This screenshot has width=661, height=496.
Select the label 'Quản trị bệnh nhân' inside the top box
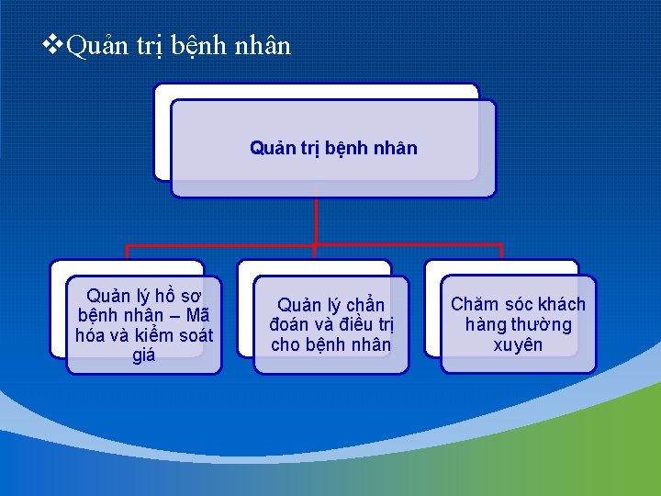point(333,148)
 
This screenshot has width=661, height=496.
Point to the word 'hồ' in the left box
point(168,296)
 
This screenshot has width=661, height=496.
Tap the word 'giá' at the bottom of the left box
point(144,355)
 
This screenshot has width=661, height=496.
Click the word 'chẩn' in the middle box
point(364,305)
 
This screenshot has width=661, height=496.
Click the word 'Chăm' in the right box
point(475,304)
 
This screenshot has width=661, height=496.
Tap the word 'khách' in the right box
point(559,304)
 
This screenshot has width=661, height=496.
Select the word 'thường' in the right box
point(542,324)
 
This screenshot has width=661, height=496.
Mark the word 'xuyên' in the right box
point(518,344)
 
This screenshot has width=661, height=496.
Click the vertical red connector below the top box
point(315,220)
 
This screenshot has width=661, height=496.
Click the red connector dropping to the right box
point(501,253)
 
